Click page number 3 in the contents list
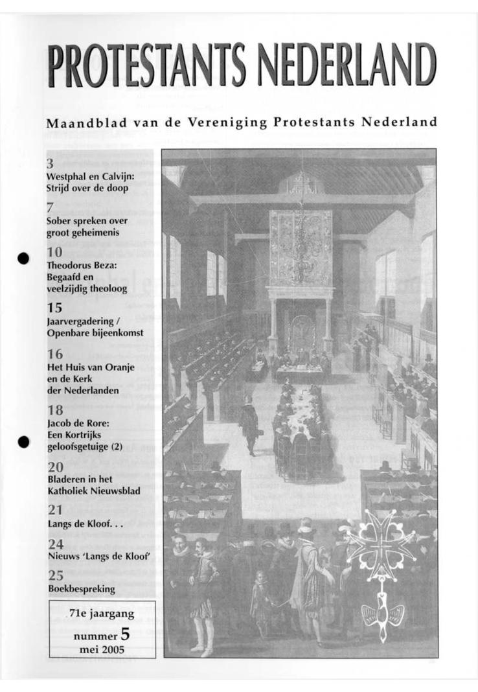51,164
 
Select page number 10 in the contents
54,253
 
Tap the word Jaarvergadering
81,321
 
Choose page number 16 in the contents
54,354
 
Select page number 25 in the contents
55,575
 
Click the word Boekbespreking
82,588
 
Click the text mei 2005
102,649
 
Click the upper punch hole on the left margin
24,257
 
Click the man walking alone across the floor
248,424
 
